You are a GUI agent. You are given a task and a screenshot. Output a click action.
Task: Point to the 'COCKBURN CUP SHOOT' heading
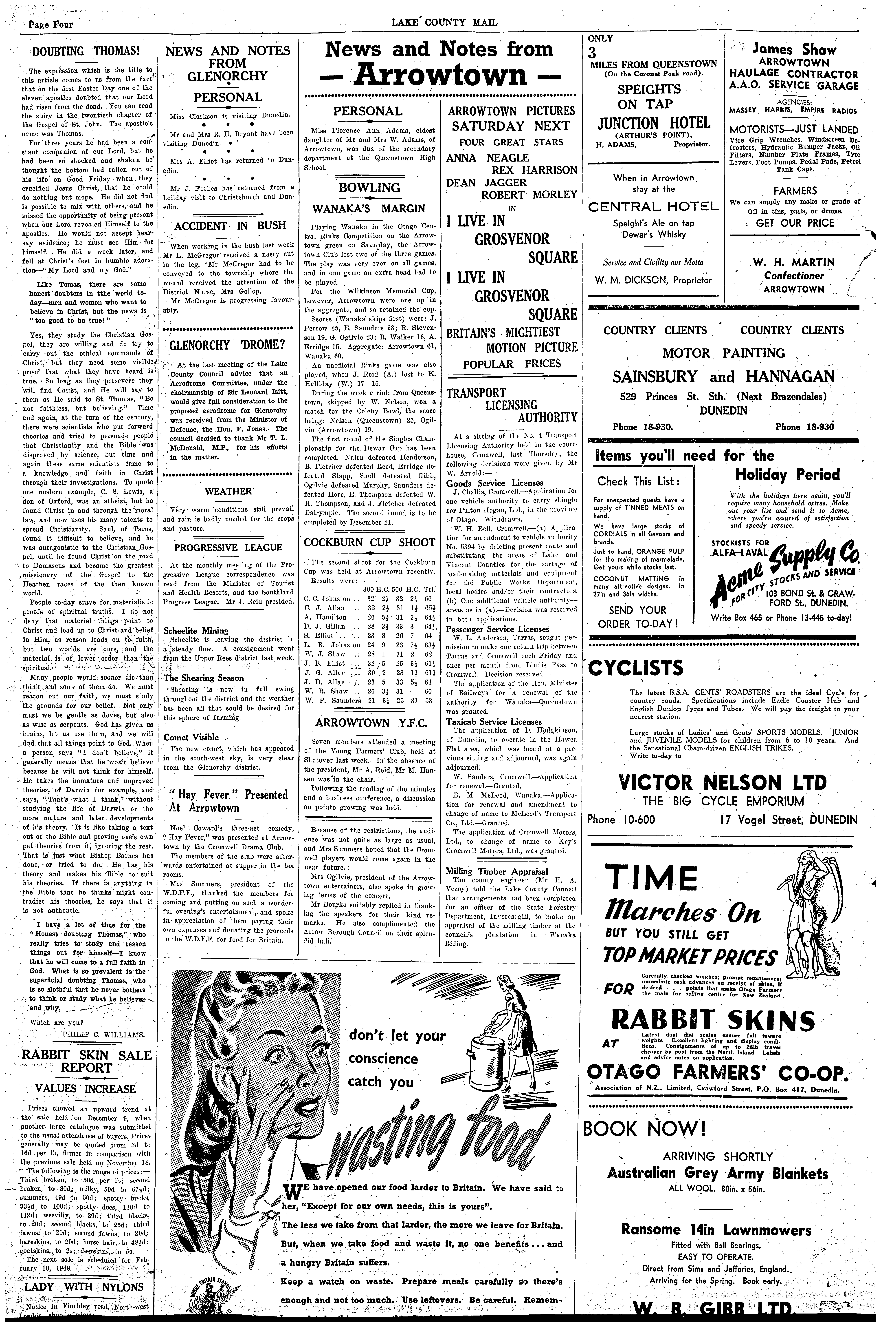point(369,542)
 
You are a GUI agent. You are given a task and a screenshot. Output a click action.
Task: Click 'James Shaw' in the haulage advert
point(794,50)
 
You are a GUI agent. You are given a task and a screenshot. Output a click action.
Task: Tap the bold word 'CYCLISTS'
point(635,668)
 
